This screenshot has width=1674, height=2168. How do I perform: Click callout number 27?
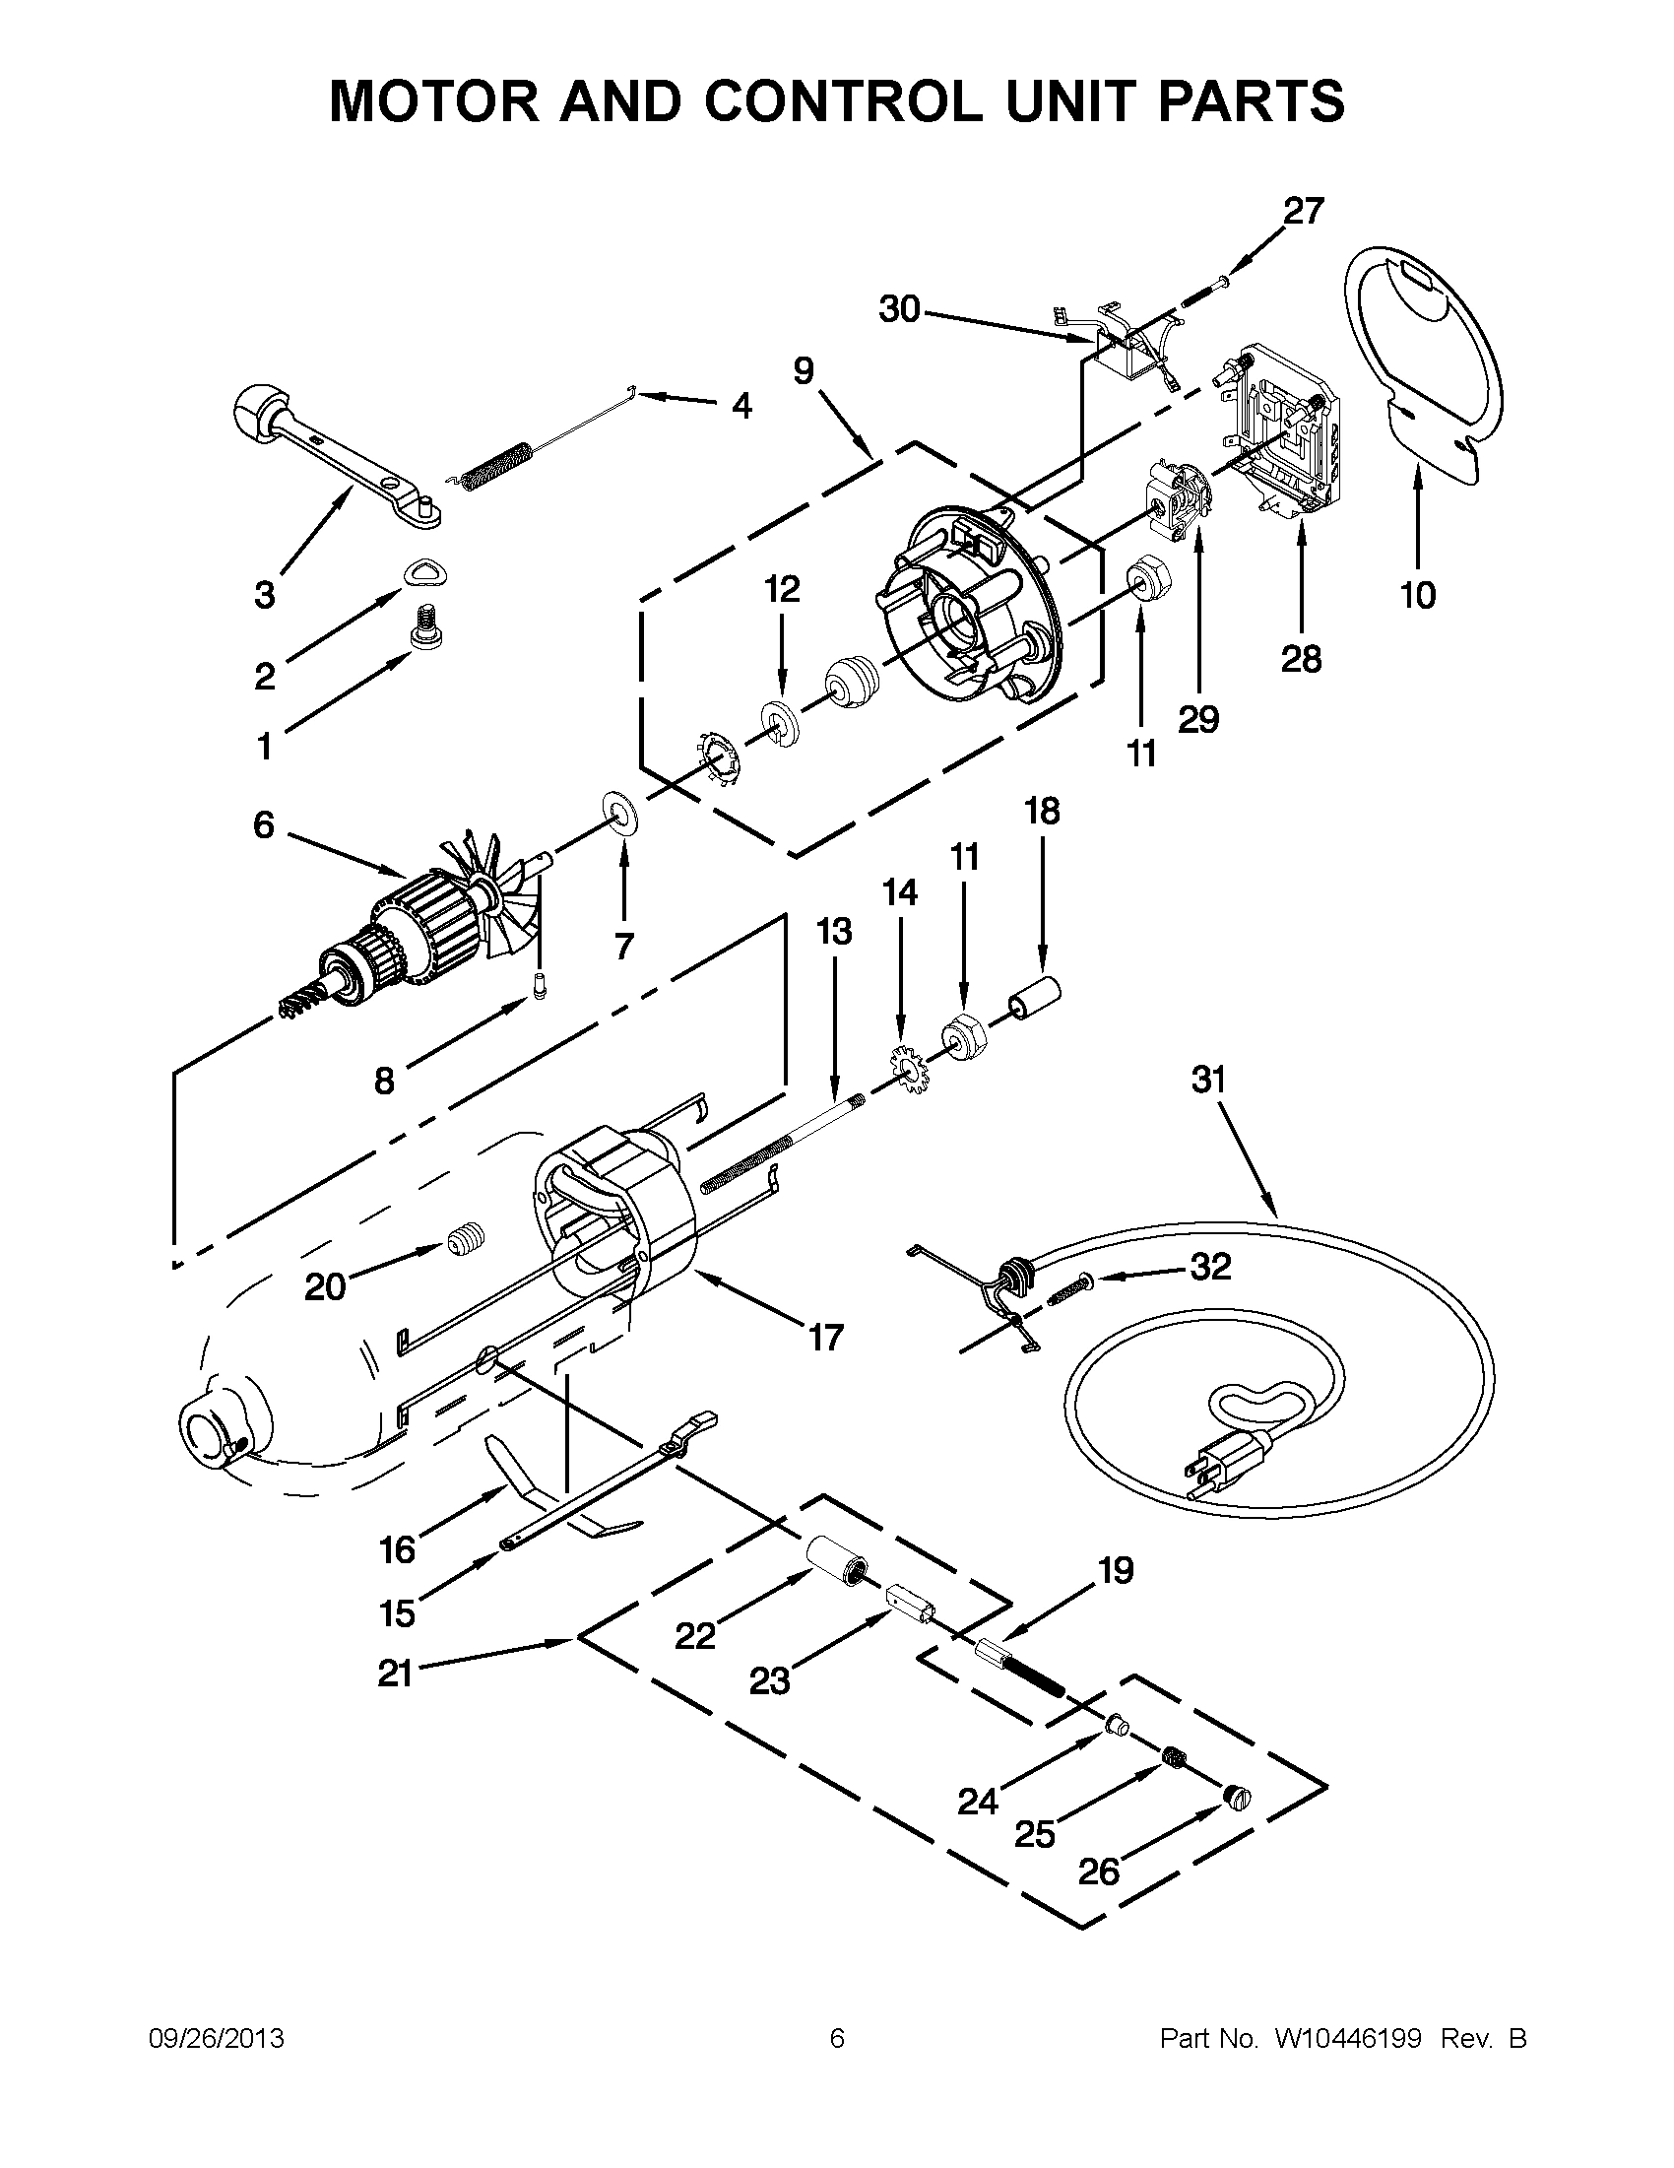(x=1303, y=212)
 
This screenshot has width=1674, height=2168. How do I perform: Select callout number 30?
(x=899, y=309)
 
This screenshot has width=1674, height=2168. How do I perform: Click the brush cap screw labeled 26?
(x=1238, y=1823)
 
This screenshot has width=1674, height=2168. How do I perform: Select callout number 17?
(x=824, y=1337)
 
